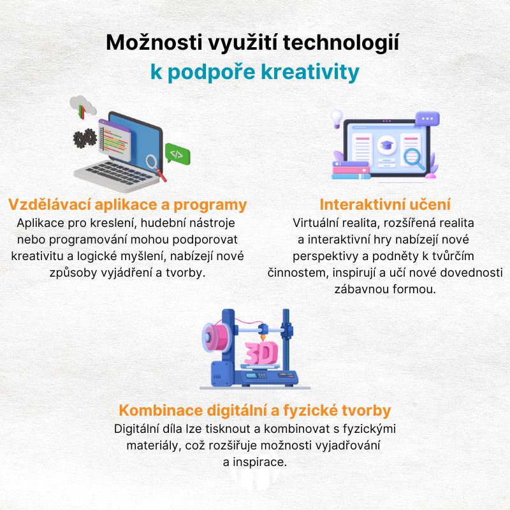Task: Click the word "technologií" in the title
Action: coord(341,43)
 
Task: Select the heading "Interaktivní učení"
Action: coord(385,205)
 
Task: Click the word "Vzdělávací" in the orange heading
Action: coord(49,205)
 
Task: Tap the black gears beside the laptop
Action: coord(85,138)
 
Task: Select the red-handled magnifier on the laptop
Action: coord(156,167)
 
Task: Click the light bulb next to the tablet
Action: coord(337,119)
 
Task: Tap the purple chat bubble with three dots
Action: coord(427,119)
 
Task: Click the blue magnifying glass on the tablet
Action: coord(414,159)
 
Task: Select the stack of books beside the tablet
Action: coord(351,170)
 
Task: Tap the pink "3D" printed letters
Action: coord(261,353)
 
